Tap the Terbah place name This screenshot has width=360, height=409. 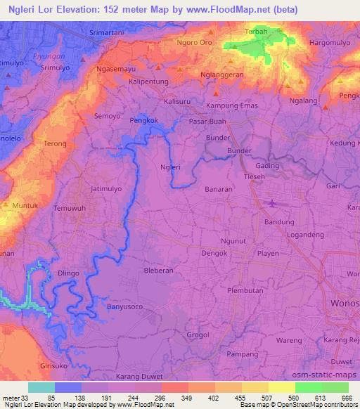coord(254,32)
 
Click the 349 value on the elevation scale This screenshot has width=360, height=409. coord(187,398)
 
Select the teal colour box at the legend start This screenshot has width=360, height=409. coord(41,387)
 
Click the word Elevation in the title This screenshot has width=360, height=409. coord(72,10)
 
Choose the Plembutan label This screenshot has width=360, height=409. coord(245,290)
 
